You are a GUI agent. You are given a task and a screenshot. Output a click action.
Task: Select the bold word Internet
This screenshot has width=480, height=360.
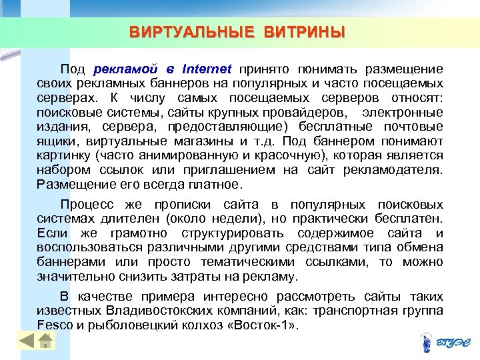(x=206, y=68)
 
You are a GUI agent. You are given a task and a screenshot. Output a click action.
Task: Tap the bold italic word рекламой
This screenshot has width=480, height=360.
(x=125, y=68)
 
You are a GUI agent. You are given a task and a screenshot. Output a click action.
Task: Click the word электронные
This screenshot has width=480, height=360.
(x=407, y=111)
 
